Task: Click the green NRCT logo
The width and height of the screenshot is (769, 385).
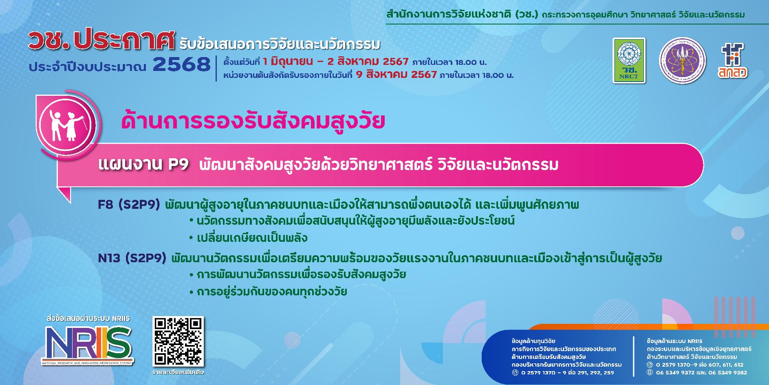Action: click(x=629, y=61)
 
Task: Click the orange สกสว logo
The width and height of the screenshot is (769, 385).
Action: click(x=732, y=61)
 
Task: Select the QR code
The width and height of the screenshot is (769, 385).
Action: click(x=178, y=341)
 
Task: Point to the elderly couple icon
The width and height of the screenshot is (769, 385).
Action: click(x=66, y=124)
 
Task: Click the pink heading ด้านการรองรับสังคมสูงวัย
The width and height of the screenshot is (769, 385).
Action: click(x=253, y=122)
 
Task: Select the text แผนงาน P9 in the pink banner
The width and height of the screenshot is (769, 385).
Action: click(x=143, y=165)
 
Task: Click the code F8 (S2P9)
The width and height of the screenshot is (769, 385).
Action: click(x=129, y=205)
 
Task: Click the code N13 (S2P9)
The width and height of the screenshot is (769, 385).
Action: click(x=132, y=258)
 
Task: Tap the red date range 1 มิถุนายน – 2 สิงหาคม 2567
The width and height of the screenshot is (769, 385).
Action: click(x=336, y=62)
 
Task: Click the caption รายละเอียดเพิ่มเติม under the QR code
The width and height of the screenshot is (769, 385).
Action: click(x=178, y=372)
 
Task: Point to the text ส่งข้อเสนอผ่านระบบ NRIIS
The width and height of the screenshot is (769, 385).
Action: click(x=88, y=319)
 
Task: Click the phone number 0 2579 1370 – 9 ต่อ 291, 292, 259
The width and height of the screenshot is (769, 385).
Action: click(x=567, y=372)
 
